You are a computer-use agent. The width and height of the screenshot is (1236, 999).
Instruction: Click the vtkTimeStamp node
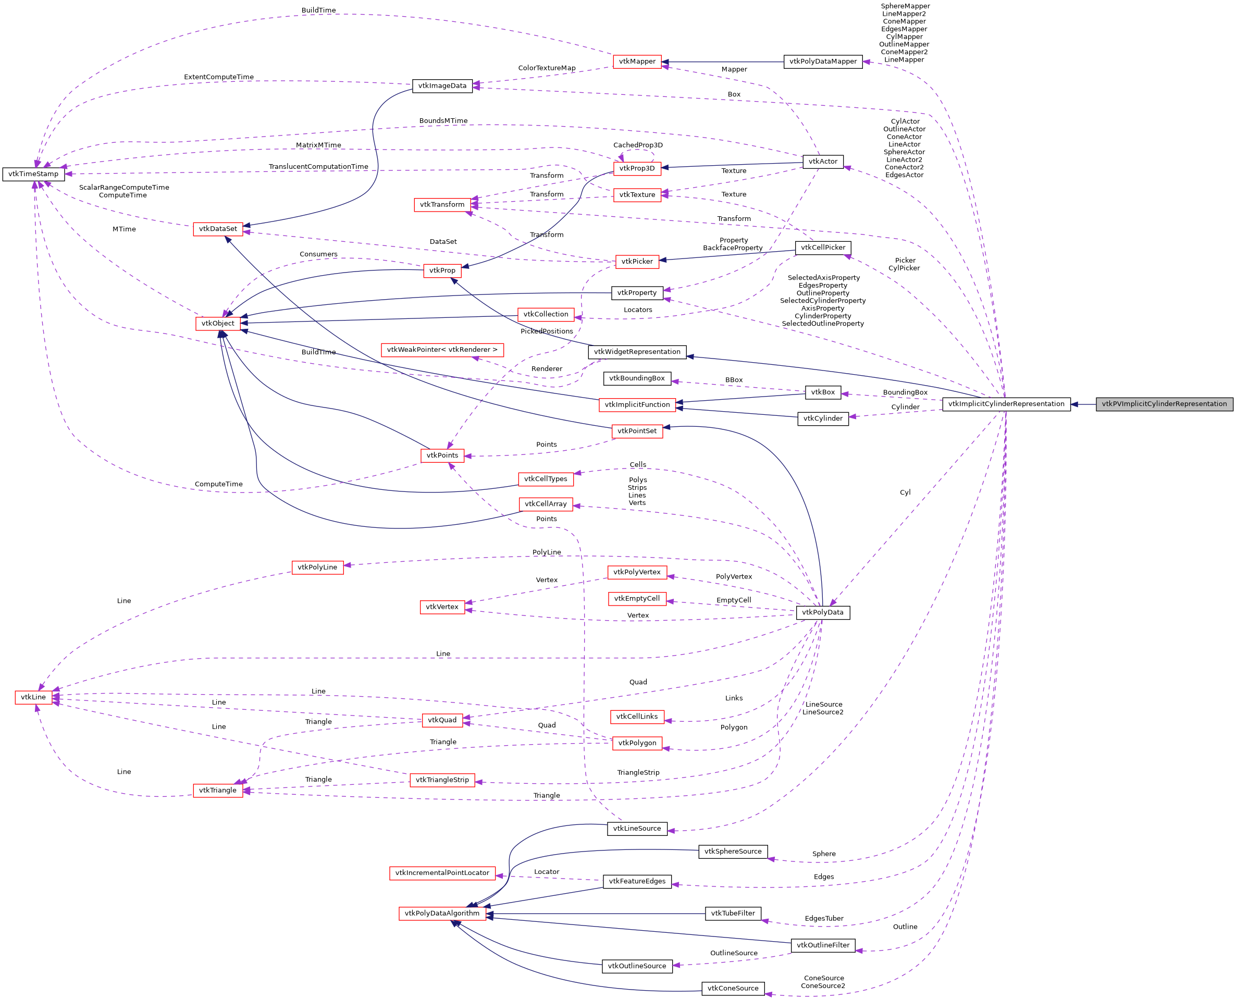point(33,174)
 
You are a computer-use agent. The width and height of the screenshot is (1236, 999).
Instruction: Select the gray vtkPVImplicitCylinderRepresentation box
point(1164,404)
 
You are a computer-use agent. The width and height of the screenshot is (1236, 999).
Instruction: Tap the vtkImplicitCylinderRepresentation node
point(1006,404)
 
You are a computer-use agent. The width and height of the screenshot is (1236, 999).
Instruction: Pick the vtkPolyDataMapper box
point(823,61)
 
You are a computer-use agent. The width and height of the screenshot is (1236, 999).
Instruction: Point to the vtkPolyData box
point(822,612)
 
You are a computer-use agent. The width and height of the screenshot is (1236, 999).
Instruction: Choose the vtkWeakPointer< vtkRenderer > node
point(442,350)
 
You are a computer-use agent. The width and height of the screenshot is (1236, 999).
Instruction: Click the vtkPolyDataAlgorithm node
point(442,913)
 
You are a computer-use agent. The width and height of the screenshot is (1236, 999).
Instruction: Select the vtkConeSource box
point(733,989)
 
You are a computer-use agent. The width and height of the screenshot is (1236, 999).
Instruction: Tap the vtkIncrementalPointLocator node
point(442,873)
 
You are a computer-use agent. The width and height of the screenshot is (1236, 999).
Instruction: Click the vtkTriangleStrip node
point(442,780)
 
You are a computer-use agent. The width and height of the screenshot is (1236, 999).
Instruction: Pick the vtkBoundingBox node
point(637,379)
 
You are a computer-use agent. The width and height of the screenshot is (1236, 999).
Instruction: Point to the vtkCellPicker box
point(823,248)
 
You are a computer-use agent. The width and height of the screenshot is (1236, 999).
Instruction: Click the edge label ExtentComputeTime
point(219,77)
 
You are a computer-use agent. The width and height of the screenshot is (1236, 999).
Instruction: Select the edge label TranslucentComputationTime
point(318,167)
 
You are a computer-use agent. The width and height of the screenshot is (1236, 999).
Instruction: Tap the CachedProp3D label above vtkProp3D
point(638,145)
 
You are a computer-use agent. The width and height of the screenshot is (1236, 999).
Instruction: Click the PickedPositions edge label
point(547,331)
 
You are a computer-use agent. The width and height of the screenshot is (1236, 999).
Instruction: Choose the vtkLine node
point(33,697)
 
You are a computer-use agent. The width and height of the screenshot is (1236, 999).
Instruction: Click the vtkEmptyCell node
point(637,599)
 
